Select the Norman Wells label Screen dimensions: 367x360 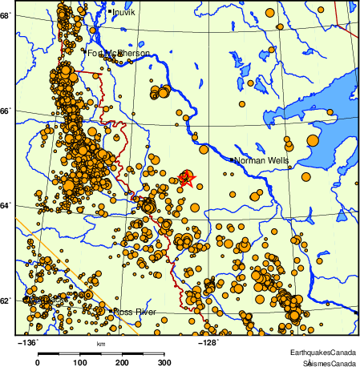(260, 160)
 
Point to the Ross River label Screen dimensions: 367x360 (133, 312)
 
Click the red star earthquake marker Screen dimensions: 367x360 (185, 177)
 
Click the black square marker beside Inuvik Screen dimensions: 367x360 (109, 12)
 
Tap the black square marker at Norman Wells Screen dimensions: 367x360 (233, 159)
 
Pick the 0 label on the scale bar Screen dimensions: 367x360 (38, 362)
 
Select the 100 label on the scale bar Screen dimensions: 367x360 (80, 362)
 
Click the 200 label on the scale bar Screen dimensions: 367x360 (122, 362)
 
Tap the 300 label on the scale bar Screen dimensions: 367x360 (164, 362)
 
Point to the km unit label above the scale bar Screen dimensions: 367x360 (101, 345)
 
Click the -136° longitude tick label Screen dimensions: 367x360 (27, 342)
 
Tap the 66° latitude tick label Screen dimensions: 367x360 (6, 111)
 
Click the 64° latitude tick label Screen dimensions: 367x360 (6, 206)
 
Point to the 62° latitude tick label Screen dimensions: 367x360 (6, 301)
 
